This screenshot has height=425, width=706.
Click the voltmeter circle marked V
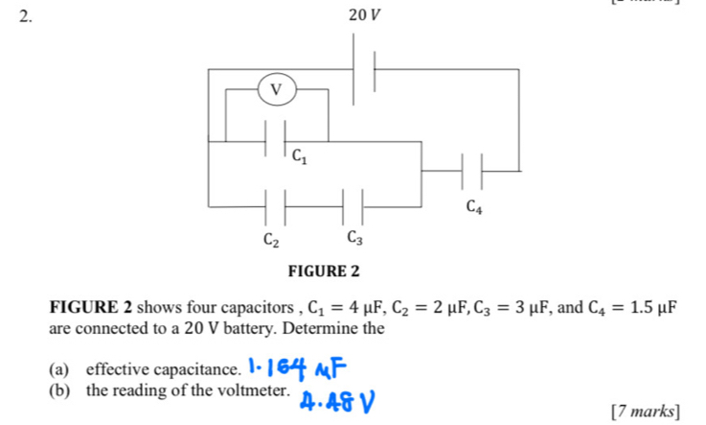(277, 89)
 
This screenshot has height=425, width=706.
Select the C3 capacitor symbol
(354, 205)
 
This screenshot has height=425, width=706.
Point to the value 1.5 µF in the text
(665, 307)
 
